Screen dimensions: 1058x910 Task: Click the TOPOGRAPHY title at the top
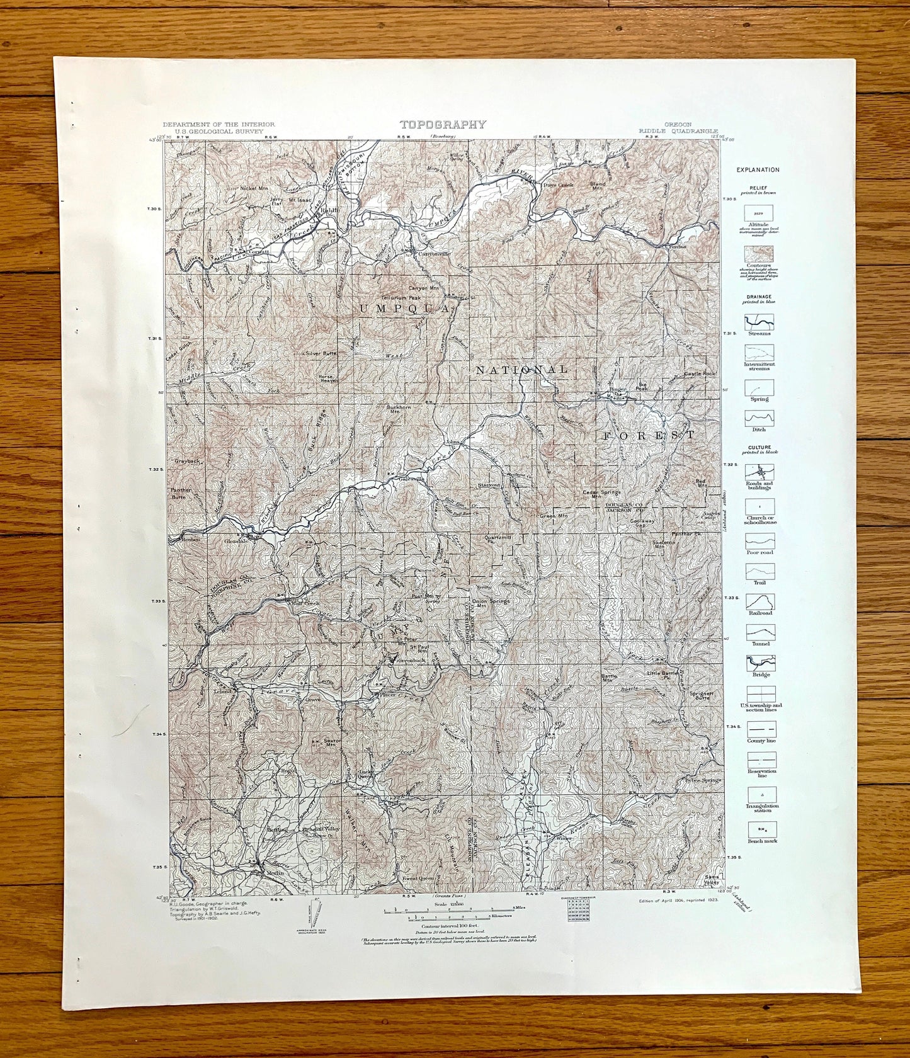tap(443, 124)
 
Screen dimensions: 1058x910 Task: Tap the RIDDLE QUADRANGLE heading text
tap(678, 131)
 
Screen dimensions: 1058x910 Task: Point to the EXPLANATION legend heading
tap(757, 169)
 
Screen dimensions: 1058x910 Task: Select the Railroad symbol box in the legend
tap(759, 601)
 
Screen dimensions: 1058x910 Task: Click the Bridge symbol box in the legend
tap(759, 663)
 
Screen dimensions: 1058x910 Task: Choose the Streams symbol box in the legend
tap(759, 323)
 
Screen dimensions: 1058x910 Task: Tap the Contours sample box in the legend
tap(759, 254)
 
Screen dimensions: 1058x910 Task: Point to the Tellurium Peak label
tap(401, 297)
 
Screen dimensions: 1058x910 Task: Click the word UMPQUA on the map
tap(404, 308)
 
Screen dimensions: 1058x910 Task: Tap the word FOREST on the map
tap(649, 435)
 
